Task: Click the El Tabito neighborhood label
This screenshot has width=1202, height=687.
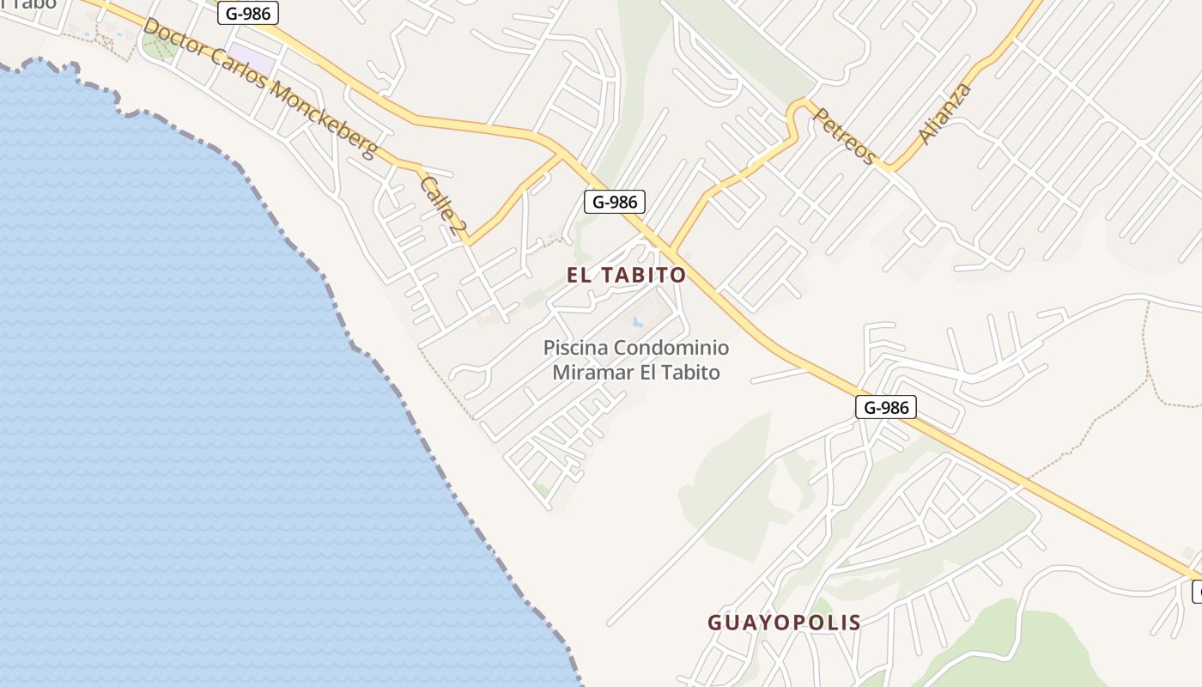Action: tap(627, 275)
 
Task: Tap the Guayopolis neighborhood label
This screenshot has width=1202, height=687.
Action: tap(784, 623)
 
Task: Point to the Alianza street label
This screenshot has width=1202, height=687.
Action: tap(945, 112)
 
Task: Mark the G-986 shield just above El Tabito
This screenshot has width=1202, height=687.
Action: tap(614, 202)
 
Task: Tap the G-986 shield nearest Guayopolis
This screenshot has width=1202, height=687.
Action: tap(886, 407)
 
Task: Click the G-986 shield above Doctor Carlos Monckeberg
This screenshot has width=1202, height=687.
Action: tap(247, 13)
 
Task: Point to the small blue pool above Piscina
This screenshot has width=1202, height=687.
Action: tap(637, 323)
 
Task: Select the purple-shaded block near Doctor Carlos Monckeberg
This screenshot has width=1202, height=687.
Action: tap(252, 60)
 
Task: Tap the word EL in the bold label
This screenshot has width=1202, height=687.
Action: tap(579, 275)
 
